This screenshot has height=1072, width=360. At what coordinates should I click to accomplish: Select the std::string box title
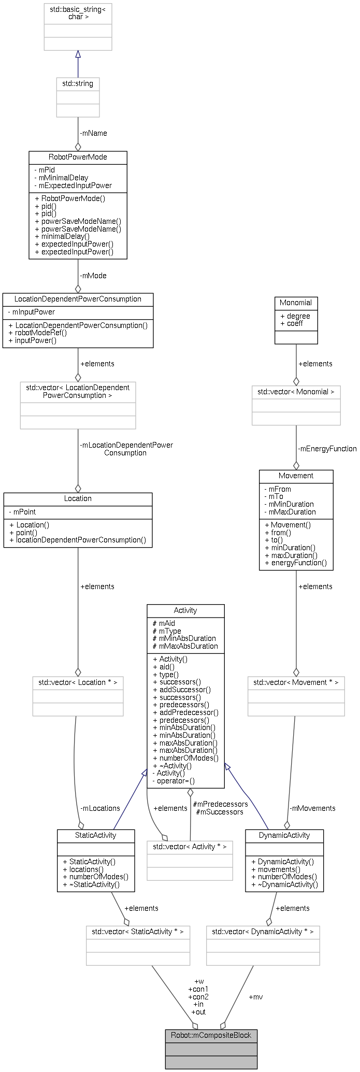[x=78, y=83]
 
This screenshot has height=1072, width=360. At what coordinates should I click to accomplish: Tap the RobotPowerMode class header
[x=78, y=157]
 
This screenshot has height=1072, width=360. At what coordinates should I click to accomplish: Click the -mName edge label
[x=93, y=133]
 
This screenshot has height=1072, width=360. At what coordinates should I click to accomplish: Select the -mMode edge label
[x=93, y=276]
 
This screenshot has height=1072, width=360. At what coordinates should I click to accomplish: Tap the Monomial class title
[x=296, y=303]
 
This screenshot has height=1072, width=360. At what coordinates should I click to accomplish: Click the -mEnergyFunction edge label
[x=327, y=449]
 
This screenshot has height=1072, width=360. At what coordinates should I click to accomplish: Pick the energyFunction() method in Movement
[x=295, y=563]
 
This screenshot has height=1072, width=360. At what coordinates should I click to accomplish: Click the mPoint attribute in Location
[x=24, y=512]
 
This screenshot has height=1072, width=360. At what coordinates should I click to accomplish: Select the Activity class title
[x=185, y=610]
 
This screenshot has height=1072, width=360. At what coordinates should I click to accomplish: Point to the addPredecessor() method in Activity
[x=186, y=712]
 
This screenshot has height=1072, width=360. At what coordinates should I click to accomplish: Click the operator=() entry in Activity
[x=174, y=781]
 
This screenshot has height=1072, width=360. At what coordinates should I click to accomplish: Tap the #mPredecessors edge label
[x=220, y=804]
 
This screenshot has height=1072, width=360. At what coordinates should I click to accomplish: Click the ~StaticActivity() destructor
[x=91, y=884]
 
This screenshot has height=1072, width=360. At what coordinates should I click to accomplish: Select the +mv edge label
[x=256, y=997]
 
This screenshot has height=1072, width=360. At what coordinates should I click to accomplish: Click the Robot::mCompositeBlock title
[x=211, y=1035]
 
